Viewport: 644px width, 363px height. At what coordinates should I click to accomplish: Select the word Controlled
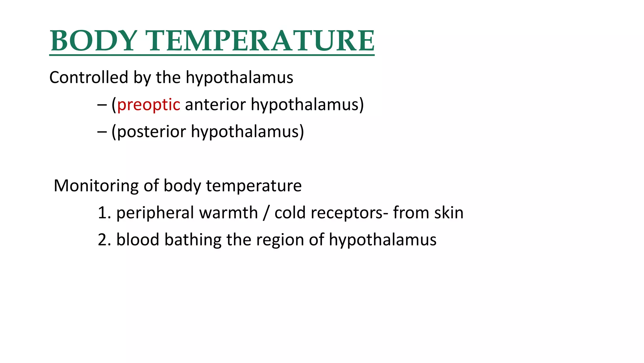click(x=89, y=77)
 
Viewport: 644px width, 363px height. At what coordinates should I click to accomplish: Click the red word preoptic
click(x=149, y=105)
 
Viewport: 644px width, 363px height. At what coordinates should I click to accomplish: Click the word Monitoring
click(x=96, y=186)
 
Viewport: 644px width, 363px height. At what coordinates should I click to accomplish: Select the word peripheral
click(x=155, y=213)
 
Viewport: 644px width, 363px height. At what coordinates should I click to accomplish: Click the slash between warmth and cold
click(x=266, y=213)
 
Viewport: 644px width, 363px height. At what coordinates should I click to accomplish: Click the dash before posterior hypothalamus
click(x=102, y=131)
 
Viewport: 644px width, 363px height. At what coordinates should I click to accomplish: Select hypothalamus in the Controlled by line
click(x=239, y=78)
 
